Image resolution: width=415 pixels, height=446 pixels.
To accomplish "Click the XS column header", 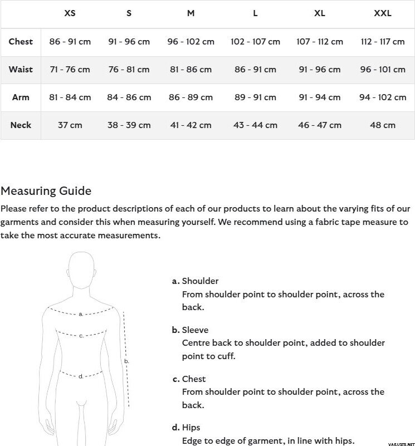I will pos(70,13).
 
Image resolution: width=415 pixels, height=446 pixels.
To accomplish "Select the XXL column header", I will pos(383,13).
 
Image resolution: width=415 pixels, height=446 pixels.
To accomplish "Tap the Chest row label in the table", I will pos(21,42).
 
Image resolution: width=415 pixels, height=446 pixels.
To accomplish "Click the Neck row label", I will pos(21,125).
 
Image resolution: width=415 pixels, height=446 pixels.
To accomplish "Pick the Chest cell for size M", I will pos(191,42).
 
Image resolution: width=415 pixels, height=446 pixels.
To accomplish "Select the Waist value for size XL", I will pos(320,70).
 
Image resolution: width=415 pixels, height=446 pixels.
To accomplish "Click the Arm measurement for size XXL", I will pos(383,97).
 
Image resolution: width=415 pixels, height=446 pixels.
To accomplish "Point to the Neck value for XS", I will pos(70,125).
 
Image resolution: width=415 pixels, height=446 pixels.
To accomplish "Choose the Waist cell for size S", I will pos(129,70).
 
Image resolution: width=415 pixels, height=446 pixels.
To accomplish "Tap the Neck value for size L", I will pos(255,125).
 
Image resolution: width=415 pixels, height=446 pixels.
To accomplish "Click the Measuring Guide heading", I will pos(46,191).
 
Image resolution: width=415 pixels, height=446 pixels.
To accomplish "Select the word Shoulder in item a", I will pos(200,281).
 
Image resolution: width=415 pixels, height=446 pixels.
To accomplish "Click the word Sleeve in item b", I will pos(195,330).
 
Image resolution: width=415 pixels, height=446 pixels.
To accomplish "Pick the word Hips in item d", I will pos(191,428).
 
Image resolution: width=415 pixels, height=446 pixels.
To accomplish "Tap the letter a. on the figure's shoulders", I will pos(81,314).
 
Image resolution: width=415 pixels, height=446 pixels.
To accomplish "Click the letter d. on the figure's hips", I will pos(81,376).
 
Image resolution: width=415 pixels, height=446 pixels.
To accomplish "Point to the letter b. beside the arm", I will pos(126,361).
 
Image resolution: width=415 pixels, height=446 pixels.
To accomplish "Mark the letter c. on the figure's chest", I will pos(81,336).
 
